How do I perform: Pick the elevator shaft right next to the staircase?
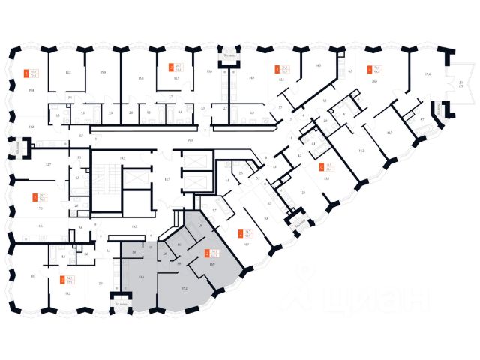133,179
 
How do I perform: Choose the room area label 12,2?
67,73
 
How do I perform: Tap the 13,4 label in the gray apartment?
141,277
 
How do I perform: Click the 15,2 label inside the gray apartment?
184,286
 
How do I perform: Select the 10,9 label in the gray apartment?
213,266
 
